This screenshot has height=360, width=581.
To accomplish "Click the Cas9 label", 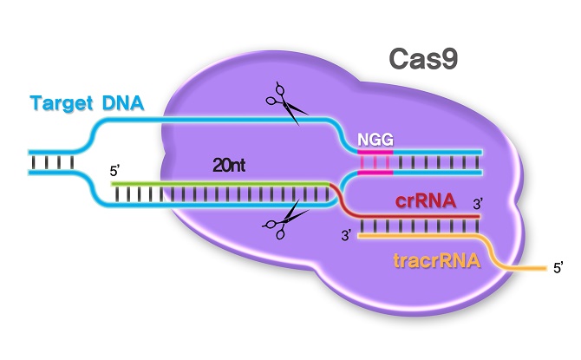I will click(x=422, y=60).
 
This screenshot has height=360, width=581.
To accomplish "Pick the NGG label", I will click(x=375, y=138).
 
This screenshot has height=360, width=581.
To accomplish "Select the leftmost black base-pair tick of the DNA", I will click(x=35, y=161).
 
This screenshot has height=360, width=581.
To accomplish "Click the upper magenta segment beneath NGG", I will click(x=375, y=150).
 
